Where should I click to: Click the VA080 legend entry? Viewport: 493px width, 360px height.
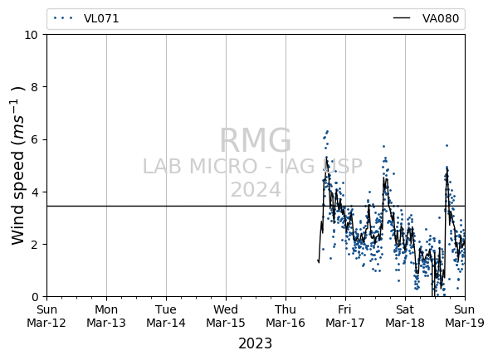[426, 18]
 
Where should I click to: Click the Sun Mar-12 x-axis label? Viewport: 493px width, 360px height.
[46, 316]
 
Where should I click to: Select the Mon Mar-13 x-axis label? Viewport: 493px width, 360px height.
[106, 316]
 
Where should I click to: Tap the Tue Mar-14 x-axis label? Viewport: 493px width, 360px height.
[166, 316]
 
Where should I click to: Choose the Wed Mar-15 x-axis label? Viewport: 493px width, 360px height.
[226, 316]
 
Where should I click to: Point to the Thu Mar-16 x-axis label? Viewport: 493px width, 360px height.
[286, 316]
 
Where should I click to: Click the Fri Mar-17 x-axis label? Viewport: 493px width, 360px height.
[345, 316]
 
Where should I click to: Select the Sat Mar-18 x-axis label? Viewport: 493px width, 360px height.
[405, 316]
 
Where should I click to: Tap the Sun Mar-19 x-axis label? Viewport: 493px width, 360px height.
[465, 316]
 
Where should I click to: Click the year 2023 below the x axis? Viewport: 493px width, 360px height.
[256, 343]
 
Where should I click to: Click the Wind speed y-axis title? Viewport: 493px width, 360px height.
[17, 166]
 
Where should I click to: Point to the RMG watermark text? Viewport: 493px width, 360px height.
[256, 141]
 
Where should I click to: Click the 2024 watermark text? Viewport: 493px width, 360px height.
[256, 190]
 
